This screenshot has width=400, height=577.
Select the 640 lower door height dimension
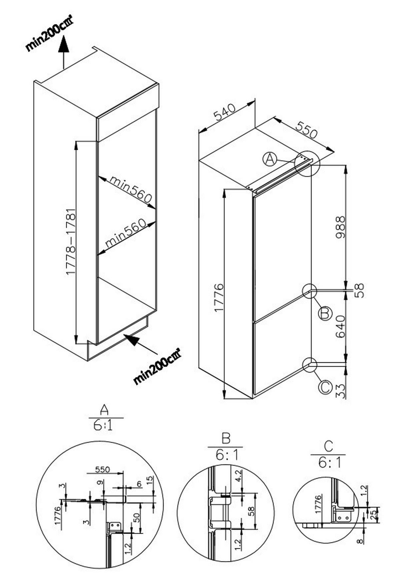click(340, 327)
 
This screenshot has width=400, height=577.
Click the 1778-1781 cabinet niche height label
click(71, 242)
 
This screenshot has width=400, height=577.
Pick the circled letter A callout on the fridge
click(270, 159)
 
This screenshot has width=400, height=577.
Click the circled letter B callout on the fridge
click(325, 313)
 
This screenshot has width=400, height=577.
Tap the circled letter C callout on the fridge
click(325, 387)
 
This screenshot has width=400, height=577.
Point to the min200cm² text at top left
click(49, 35)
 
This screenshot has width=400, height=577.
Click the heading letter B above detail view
click(226, 438)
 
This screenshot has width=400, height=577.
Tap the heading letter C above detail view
click(328, 446)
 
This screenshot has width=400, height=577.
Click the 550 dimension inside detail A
click(102, 469)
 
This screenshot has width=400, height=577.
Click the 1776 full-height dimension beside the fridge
click(219, 298)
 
